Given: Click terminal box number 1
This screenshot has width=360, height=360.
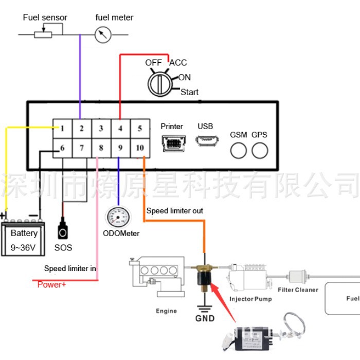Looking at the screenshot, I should pyautogui.click(x=62, y=129).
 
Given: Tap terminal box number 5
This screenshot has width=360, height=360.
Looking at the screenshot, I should pyautogui.click(x=139, y=129).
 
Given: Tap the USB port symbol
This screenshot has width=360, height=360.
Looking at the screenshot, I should pyautogui.click(x=205, y=140).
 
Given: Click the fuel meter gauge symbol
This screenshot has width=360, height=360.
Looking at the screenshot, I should pyautogui.click(x=103, y=34).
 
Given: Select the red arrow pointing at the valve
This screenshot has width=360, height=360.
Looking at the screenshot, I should pyautogui.click(x=222, y=293).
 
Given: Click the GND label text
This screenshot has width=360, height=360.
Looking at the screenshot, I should pyautogui.click(x=205, y=318).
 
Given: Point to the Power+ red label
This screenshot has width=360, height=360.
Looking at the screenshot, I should pyautogui.click(x=52, y=284).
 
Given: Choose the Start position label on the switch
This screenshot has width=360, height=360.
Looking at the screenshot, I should pyautogui.click(x=189, y=92).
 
